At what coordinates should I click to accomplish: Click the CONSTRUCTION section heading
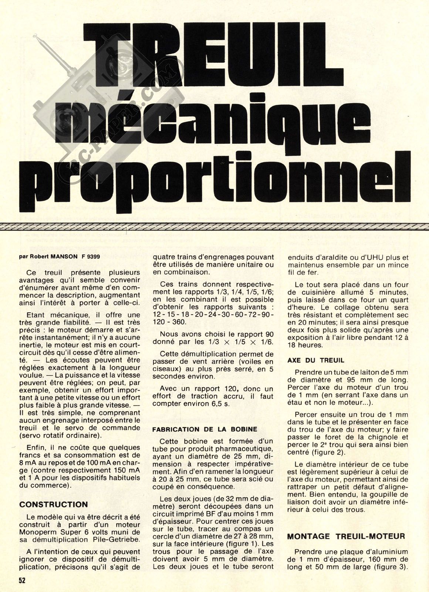coord(54,504)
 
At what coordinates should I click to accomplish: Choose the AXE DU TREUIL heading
coord(315,360)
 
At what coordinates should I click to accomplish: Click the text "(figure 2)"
coord(330,452)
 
